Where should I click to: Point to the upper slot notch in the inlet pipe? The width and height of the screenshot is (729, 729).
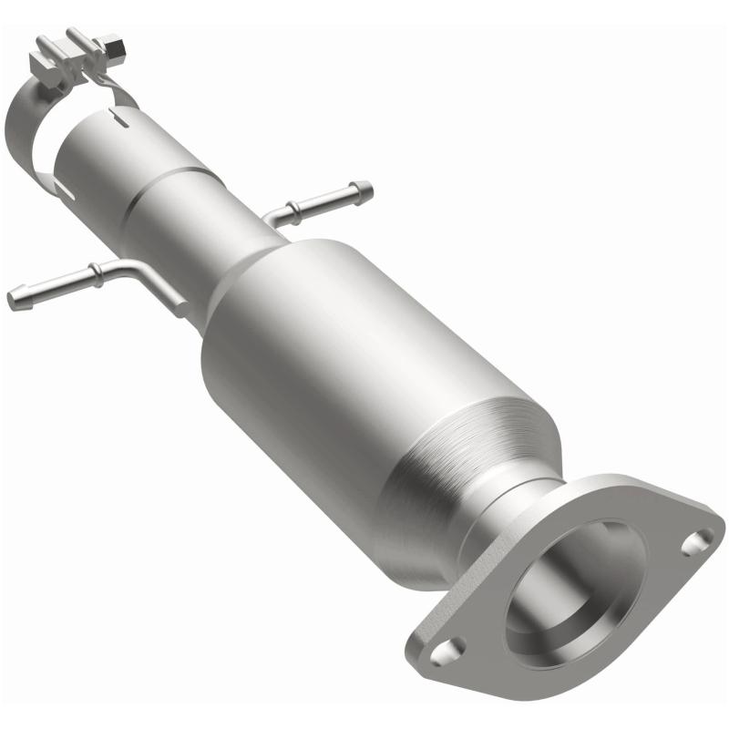pyautogui.click(x=111, y=116)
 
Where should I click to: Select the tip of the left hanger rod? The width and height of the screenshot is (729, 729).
pyautogui.click(x=15, y=298)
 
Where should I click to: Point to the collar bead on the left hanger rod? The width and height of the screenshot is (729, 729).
pyautogui.click(x=94, y=271)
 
